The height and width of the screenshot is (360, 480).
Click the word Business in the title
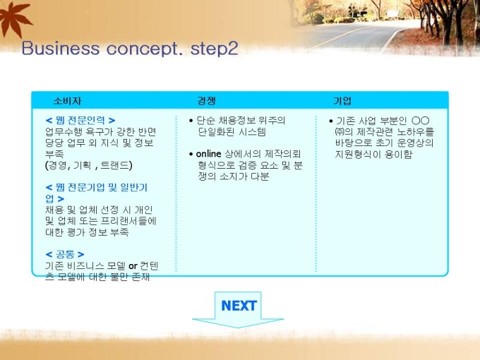point(60,48)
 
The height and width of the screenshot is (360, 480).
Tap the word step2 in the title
point(214,48)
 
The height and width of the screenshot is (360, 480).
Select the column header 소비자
point(67,101)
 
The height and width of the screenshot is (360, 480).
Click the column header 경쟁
point(206,101)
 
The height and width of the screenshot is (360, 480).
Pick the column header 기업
point(342,101)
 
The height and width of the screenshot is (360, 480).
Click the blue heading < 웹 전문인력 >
point(80,120)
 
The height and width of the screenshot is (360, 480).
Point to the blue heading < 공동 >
point(65,254)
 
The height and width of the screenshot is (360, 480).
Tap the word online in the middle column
point(208,154)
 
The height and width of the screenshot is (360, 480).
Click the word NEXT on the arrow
point(239,306)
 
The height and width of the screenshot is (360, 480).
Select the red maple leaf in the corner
point(14,18)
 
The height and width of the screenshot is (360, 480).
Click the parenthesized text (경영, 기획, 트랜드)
point(89,165)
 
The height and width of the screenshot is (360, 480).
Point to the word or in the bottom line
point(133,266)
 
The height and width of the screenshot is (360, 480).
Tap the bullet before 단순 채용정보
point(191,121)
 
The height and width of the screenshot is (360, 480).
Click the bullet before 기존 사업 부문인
point(331,121)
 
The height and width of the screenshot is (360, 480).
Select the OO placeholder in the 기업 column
point(420,121)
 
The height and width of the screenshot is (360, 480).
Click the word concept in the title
point(142,49)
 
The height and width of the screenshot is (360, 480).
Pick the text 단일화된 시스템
point(232,132)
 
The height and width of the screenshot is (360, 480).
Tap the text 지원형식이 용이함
point(373,154)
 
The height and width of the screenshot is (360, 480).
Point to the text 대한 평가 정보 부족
point(87,232)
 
